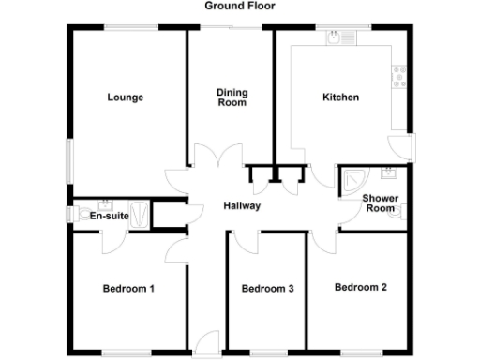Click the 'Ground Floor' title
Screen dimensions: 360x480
point(239,6)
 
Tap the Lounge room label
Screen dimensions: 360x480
point(125,97)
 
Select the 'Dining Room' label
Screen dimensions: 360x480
point(232,97)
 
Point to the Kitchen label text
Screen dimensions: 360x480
point(340,97)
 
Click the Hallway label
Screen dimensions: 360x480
point(241,206)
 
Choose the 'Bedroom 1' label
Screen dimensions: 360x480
point(128,289)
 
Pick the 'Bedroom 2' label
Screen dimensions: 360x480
point(361,287)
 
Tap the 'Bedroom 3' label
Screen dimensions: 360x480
point(268,289)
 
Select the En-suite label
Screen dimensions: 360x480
point(109,217)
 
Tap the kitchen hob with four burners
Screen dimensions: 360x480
point(401,76)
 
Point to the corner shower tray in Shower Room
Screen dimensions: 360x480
point(353,180)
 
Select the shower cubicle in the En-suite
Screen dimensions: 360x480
point(140,214)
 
